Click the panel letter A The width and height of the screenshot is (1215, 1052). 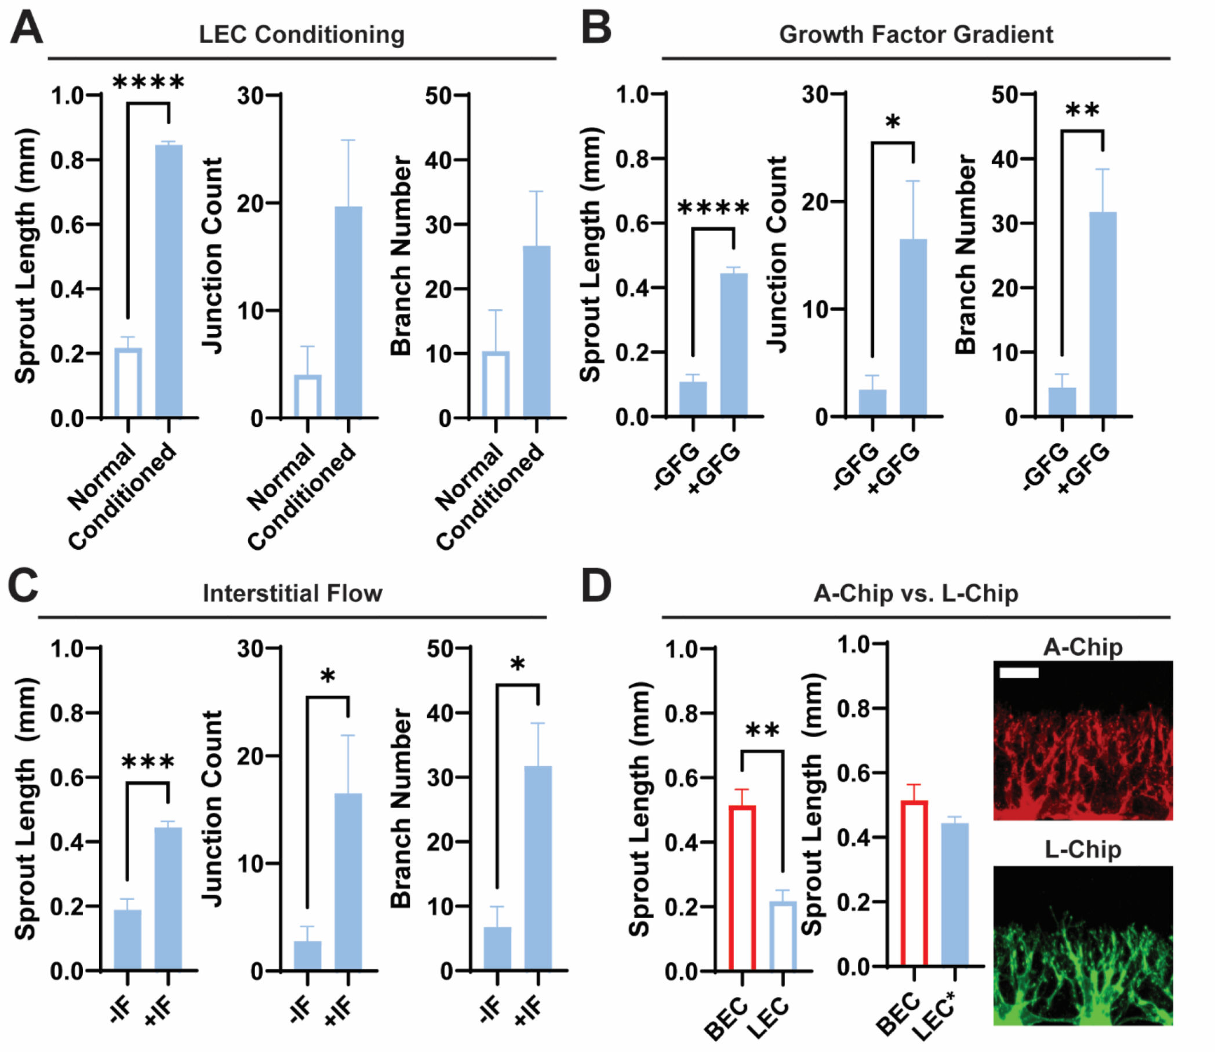[x=27, y=28]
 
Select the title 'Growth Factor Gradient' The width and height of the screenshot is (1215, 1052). [x=916, y=35]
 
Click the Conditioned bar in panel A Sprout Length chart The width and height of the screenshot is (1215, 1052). [x=169, y=281]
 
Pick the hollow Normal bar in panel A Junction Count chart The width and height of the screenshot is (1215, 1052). [x=308, y=396]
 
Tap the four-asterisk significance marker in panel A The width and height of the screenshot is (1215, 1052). [x=148, y=83]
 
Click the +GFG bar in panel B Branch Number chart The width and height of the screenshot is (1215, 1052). [x=1103, y=314]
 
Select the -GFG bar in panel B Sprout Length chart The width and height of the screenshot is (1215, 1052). [x=693, y=399]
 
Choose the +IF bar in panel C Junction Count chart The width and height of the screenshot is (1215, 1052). [x=348, y=882]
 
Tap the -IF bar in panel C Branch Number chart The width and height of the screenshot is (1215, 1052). [x=497, y=949]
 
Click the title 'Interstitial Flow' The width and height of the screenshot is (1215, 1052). [x=292, y=593]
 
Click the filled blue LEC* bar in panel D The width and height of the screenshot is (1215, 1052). [x=955, y=895]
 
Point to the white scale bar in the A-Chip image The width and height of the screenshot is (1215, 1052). [x=1019, y=672]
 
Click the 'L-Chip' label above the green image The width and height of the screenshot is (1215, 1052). [x=1083, y=850]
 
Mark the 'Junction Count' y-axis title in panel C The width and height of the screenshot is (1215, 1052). [x=212, y=809]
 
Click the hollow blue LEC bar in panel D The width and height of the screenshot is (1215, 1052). [x=783, y=937]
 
